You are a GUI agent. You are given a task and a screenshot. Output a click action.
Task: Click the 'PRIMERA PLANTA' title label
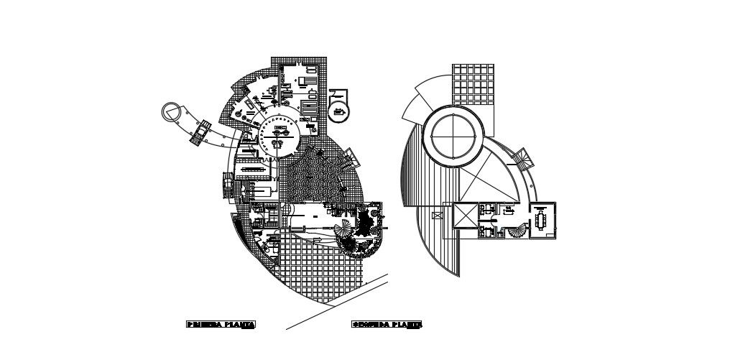pos(221,325)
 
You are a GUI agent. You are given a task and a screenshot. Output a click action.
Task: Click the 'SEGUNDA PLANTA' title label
pos(387,325)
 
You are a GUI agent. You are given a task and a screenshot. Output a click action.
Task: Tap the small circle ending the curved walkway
pos(170,111)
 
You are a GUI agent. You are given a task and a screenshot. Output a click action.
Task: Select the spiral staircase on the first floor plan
pos(345,231)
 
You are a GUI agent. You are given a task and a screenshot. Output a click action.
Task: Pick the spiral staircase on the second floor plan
pos(517,231)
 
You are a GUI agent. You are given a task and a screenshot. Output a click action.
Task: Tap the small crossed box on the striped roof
pos(435,215)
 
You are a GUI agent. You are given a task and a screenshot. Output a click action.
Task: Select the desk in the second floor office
pos(509,211)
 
